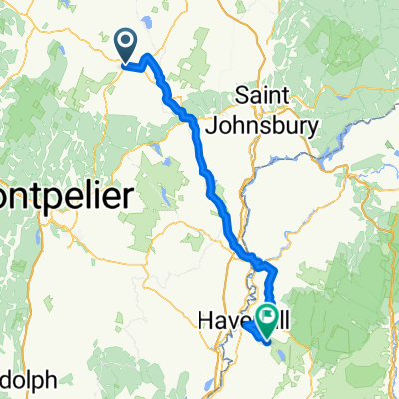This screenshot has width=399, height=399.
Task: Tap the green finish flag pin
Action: pyautogui.click(x=268, y=318)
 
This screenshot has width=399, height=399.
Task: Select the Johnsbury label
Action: pyautogui.click(x=262, y=126)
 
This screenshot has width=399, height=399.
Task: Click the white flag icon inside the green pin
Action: pyautogui.click(x=268, y=315)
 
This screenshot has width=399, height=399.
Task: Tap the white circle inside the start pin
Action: pyautogui.click(x=127, y=41)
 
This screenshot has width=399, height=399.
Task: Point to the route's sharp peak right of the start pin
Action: pyautogui.click(x=150, y=57)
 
